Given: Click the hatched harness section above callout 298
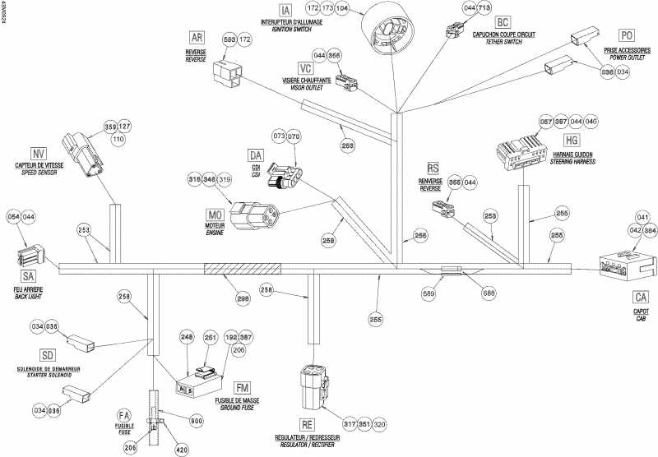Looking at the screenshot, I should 242,269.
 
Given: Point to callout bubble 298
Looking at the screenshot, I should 243,299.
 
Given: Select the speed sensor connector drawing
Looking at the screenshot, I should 87,156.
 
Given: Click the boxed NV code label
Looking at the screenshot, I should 38,154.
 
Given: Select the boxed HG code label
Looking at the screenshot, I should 572,140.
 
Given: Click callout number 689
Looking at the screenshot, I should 428,291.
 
